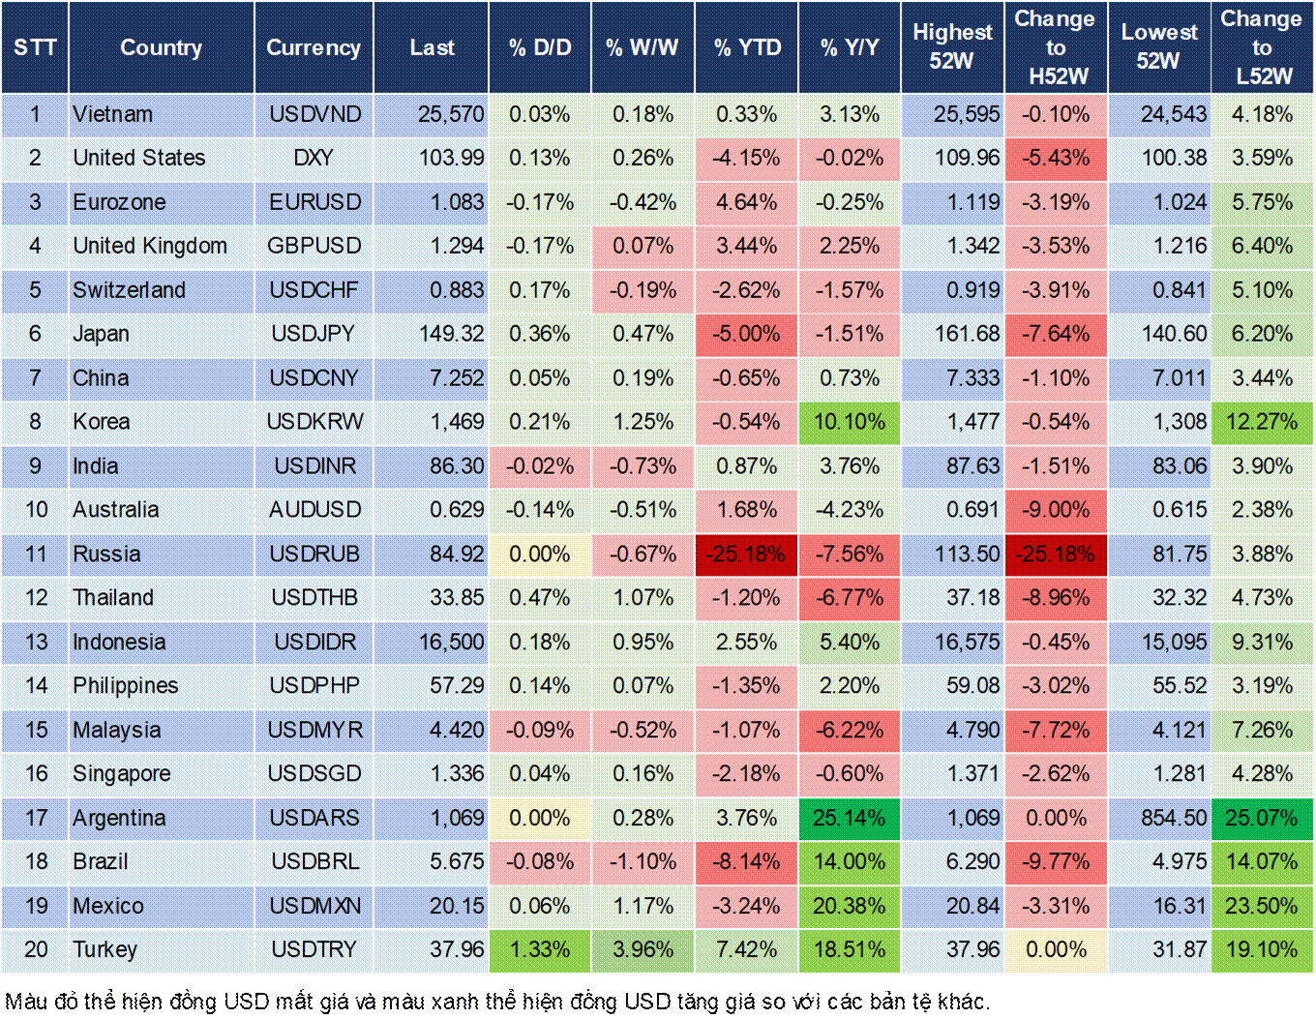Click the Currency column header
click(314, 47)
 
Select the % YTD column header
click(747, 47)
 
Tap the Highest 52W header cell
click(952, 46)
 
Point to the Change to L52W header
click(1262, 46)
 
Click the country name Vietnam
click(113, 114)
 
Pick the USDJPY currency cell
click(314, 334)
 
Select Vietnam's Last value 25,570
click(451, 114)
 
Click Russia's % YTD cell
click(746, 554)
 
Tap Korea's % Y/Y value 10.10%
click(849, 422)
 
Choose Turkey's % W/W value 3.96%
click(643, 950)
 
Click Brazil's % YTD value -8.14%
click(746, 862)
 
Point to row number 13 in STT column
click(36, 643)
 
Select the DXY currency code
click(314, 158)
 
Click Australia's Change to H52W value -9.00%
click(1056, 510)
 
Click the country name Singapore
click(122, 774)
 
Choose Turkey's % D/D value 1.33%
click(539, 950)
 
